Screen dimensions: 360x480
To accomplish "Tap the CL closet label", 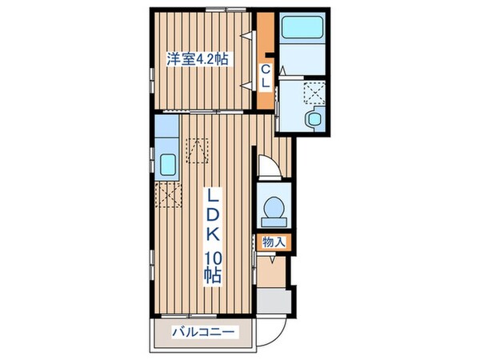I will click(266, 77).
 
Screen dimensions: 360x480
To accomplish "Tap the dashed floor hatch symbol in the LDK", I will click(198, 148).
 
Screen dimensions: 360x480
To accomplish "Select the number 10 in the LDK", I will click(213, 258).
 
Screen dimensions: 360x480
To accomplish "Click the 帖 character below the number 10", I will click(213, 277).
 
